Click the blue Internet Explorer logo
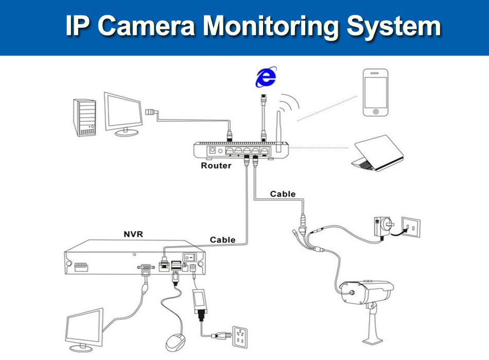pos(266,77)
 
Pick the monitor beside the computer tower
pos(123,114)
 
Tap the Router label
pos(216,166)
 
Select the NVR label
pos(133,234)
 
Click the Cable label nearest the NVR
pos(222,240)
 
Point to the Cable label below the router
pos(283,194)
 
